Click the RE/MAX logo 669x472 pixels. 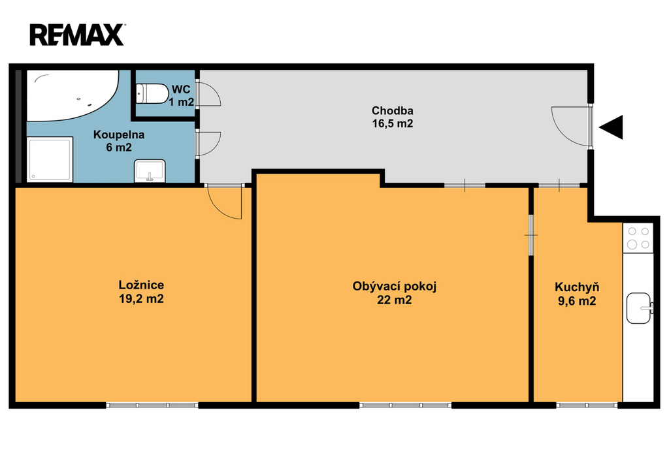click(x=77, y=35)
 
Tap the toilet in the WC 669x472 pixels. click(x=152, y=93)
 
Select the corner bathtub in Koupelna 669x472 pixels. click(x=73, y=96)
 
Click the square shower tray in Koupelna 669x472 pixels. click(x=50, y=159)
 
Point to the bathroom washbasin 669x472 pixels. click(x=150, y=171)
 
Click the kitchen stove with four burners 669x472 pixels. click(x=638, y=238)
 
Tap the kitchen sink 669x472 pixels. click(x=639, y=308)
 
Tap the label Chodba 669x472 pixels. click(x=393, y=111)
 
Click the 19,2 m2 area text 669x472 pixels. click(x=141, y=299)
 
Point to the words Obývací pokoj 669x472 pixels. click(x=394, y=286)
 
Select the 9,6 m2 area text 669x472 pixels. click(x=577, y=301)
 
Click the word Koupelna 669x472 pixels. click(x=119, y=134)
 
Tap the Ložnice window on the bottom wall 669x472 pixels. click(x=152, y=405)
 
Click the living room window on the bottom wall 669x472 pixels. click(x=405, y=405)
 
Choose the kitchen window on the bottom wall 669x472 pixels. click(x=587, y=405)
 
